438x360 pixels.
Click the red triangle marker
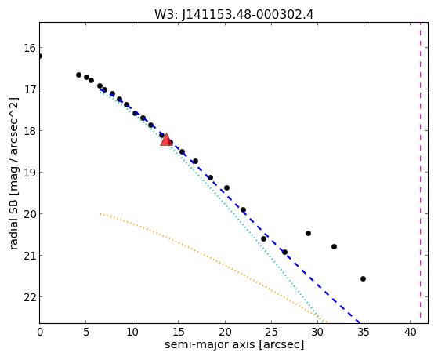[166, 140]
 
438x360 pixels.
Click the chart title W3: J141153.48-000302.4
[234, 15]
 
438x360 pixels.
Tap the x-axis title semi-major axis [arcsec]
[234, 344]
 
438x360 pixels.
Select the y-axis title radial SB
[13, 221]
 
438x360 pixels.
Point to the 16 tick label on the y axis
[30, 48]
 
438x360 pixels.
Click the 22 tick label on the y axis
[30, 297]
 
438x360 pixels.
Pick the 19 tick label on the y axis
[30, 173]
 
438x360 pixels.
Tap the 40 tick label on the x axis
[410, 333]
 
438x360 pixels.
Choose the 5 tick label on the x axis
[86, 333]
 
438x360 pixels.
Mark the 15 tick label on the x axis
[179, 333]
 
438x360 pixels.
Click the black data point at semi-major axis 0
[40, 56]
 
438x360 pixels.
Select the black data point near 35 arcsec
[363, 278]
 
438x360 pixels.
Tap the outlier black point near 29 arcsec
[309, 233]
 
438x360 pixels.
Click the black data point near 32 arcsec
[334, 246]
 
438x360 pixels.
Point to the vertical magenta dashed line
[420, 173]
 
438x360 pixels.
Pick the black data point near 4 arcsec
[79, 75]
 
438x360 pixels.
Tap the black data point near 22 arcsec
[244, 209]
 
